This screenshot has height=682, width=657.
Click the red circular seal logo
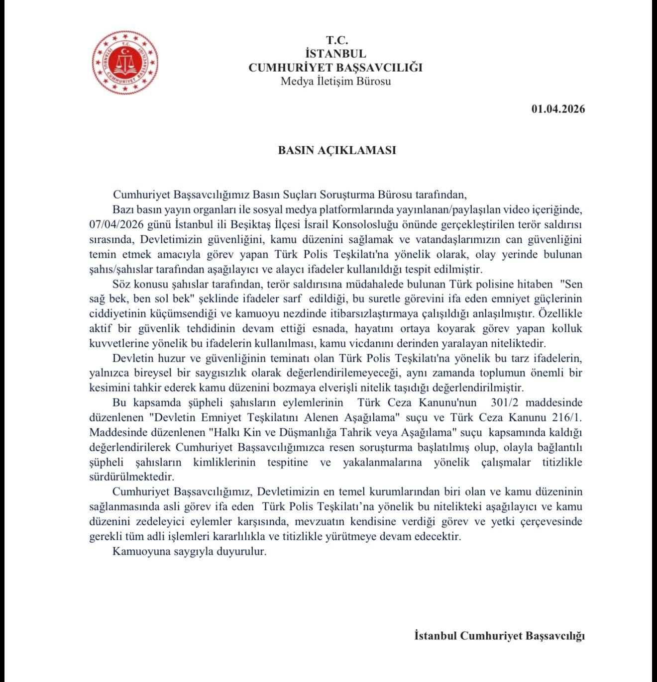point(125,63)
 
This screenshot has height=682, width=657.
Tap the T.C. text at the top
point(337,40)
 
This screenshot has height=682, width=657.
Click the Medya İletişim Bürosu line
point(335,81)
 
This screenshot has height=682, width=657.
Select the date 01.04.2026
point(558,109)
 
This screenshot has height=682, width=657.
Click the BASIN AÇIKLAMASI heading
point(337,150)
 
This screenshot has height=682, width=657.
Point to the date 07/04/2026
point(114,224)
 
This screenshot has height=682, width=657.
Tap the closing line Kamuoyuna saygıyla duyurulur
point(190,552)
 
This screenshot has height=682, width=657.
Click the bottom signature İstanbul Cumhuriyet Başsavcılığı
point(499,636)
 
